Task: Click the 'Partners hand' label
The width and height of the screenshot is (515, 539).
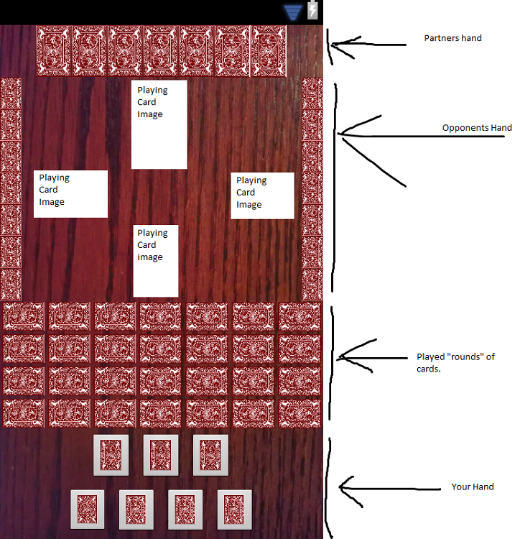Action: coord(453,38)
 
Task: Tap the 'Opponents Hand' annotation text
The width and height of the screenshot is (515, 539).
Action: coord(477,128)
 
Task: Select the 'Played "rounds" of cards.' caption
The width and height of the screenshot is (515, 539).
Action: coord(455,362)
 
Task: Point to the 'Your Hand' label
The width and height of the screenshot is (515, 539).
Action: coord(473,487)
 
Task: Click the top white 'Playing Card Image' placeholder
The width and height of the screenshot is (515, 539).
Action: coord(159,124)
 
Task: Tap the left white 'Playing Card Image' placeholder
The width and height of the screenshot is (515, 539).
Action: coord(70,193)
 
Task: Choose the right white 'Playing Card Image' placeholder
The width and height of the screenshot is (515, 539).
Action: coord(262,195)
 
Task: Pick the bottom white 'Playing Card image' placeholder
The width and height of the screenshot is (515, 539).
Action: coord(155,260)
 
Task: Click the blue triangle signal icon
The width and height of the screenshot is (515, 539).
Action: coord(292,11)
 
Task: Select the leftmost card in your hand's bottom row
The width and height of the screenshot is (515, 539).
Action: coord(88,510)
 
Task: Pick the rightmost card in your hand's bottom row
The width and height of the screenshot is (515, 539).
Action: coord(234,510)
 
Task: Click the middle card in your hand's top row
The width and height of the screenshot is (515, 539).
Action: coord(160,455)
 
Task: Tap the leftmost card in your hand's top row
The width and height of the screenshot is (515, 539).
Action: coord(111,455)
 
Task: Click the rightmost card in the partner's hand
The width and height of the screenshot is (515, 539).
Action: coord(269,50)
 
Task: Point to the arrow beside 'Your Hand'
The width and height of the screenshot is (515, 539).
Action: coord(388,489)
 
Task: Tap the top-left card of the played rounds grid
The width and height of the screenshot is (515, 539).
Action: coord(24,316)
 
